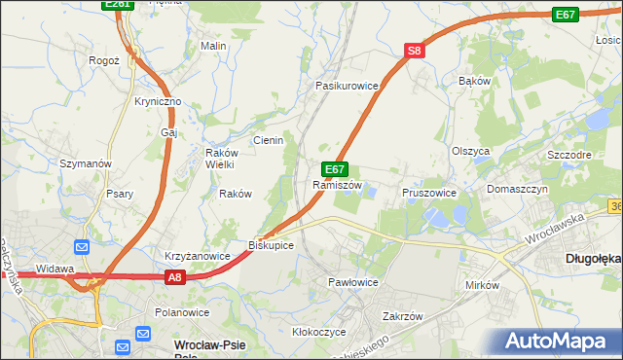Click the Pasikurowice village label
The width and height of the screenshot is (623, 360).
(x=346, y=86)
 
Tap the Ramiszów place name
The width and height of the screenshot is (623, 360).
(x=337, y=185)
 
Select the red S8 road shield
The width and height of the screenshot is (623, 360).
(x=415, y=51)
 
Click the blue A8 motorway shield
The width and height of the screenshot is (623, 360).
(x=173, y=277)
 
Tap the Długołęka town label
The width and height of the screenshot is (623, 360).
(x=593, y=259)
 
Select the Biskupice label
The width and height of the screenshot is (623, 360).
(x=271, y=245)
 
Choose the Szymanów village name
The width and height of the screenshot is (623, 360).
(x=87, y=163)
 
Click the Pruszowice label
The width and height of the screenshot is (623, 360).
(x=429, y=193)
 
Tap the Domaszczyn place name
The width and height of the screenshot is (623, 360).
(x=518, y=189)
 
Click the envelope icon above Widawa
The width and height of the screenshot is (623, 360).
(x=81, y=246)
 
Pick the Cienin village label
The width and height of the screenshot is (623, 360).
(x=268, y=140)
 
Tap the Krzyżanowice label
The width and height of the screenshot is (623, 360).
(x=197, y=256)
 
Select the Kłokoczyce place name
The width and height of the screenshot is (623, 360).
(x=319, y=332)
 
